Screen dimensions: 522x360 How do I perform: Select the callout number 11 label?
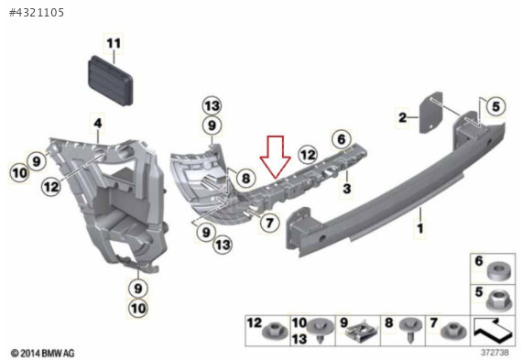(114, 43)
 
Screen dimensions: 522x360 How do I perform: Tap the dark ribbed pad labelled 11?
(111, 81)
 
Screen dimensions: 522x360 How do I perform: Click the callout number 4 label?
(98, 124)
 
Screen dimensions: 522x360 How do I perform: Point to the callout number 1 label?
(420, 228)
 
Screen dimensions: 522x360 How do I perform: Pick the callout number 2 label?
(402, 117)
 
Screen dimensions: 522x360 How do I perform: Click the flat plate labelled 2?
(430, 112)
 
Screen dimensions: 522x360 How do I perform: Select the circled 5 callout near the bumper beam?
(495, 106)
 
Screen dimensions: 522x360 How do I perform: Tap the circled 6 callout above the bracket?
(342, 139)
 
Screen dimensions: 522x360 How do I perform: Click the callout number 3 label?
(347, 189)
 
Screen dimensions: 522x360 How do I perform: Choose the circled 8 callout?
(245, 178)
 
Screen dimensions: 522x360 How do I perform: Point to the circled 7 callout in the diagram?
(269, 222)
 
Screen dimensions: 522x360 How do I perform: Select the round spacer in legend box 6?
(498, 271)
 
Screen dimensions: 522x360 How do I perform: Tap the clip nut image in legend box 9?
(362, 333)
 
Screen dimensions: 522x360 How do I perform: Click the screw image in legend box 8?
(409, 329)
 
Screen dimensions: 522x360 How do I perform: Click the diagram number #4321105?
(37, 13)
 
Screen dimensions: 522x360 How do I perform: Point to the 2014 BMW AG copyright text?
(42, 353)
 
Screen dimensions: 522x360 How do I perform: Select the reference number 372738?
(495, 353)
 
